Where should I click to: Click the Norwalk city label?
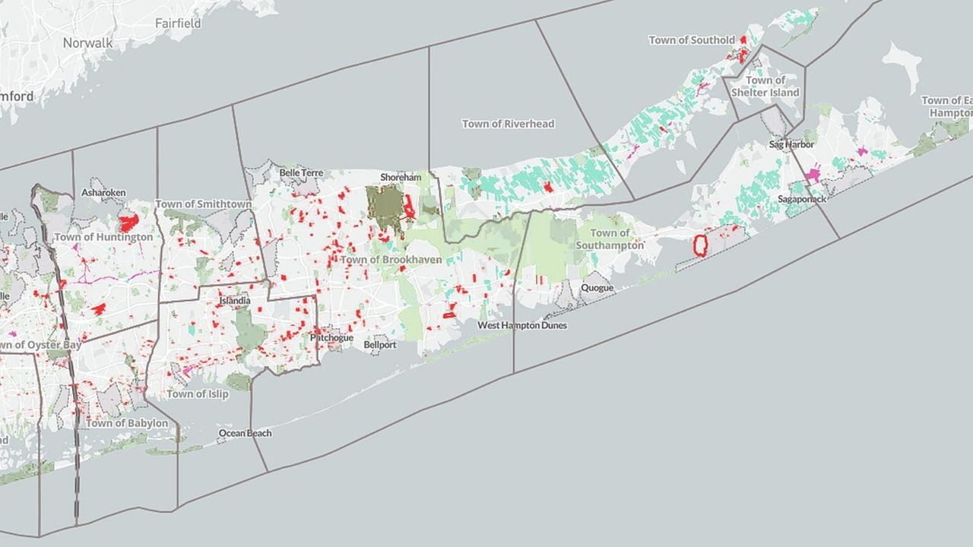[x=87, y=43]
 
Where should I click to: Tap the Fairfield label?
[x=178, y=24]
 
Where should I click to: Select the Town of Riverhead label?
[x=508, y=124]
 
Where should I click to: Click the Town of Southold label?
[x=692, y=40]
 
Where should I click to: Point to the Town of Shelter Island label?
[x=765, y=87]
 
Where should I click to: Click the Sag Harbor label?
[x=791, y=144]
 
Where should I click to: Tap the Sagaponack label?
[x=801, y=199]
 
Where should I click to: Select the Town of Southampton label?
[x=610, y=239]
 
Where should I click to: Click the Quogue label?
[x=597, y=288]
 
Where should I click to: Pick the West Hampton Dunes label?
[x=522, y=325]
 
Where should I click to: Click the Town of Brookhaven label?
[x=391, y=260]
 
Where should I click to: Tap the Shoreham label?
[x=401, y=177]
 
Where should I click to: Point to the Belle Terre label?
[x=302, y=172]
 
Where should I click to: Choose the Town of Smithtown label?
[x=203, y=204]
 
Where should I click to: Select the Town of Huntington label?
[x=103, y=237]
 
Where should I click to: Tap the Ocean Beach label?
[x=245, y=433]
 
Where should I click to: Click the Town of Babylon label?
[x=127, y=423]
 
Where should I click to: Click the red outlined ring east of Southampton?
[x=700, y=245]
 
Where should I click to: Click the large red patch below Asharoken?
[x=128, y=223]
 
